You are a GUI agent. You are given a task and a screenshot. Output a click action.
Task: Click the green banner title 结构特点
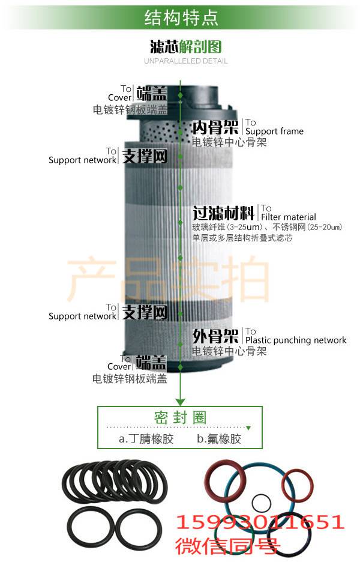tap(181, 18)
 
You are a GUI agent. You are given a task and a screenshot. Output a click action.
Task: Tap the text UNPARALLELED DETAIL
tap(186, 61)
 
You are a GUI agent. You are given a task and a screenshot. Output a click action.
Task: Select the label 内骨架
tap(217, 127)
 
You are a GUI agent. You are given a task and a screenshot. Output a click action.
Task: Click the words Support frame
tap(274, 131)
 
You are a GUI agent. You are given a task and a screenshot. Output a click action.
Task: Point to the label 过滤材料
tap(224, 213)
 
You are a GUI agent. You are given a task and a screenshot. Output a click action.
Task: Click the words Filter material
tap(289, 217)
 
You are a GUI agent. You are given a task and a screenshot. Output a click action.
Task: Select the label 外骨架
tap(216, 335)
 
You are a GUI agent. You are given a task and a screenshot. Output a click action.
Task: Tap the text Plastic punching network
tap(296, 340)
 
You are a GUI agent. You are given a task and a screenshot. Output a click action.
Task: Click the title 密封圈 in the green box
tap(180, 417)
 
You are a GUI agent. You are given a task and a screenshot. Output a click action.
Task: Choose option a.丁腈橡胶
tap(146, 439)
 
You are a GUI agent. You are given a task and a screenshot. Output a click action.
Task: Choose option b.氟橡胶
tap(219, 439)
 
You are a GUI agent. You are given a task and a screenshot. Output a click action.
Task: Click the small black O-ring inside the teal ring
tap(262, 502)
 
